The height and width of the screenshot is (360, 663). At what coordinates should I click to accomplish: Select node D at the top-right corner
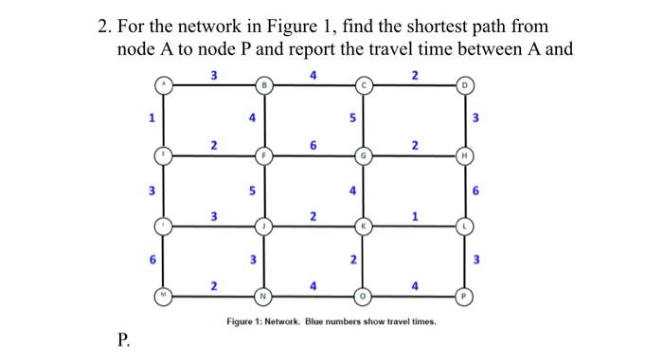464,87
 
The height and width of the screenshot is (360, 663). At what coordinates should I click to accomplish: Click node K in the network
362,226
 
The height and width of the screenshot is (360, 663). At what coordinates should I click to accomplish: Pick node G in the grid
362,155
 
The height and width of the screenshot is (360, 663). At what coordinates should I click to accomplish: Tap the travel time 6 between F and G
314,144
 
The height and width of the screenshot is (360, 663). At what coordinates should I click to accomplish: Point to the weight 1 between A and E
149,118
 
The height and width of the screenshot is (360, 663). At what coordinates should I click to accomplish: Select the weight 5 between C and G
352,119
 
